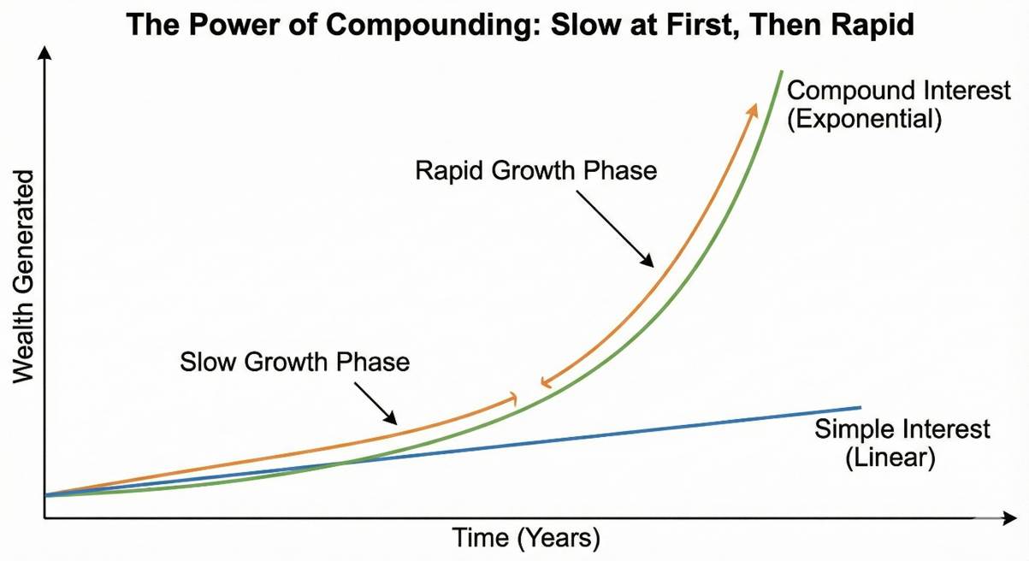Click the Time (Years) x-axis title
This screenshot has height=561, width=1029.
click(x=526, y=539)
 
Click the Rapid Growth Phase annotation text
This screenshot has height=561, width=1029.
click(x=536, y=170)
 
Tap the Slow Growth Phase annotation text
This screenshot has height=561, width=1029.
click(x=295, y=362)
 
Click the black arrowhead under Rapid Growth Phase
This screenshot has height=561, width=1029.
click(x=651, y=262)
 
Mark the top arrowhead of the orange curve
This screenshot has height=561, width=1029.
click(x=754, y=106)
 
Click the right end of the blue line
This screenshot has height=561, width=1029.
click(x=859, y=407)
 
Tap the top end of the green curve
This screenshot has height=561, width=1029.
click(x=781, y=71)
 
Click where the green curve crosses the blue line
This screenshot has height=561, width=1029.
click(x=342, y=464)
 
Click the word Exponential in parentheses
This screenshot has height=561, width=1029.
click(x=864, y=118)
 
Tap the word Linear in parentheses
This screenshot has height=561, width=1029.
click(x=890, y=457)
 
